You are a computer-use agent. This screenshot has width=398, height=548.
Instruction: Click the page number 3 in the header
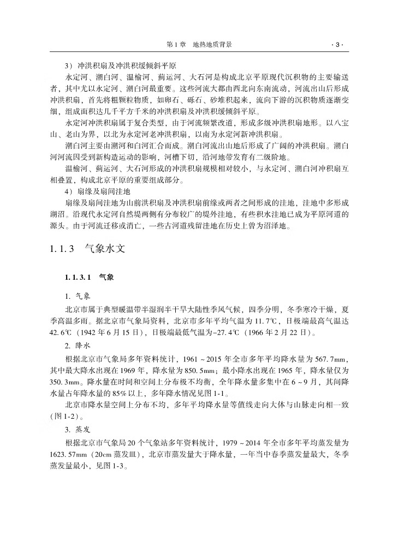pyautogui.click(x=337, y=45)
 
